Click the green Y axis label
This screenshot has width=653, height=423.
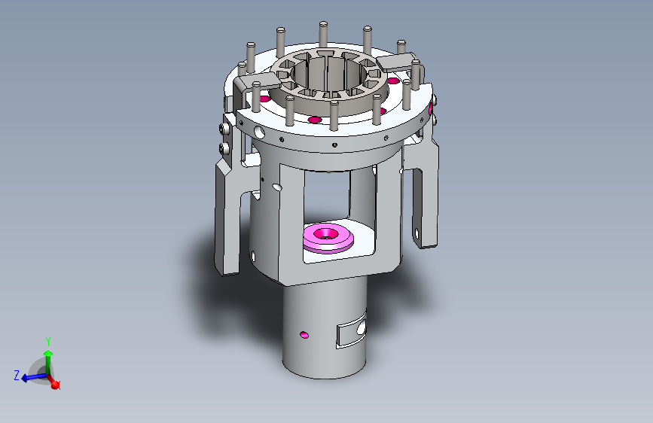point(48,342)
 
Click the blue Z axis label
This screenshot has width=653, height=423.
point(17,375)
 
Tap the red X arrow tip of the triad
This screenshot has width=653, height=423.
point(56,385)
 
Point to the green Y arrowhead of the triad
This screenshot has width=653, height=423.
point(48,354)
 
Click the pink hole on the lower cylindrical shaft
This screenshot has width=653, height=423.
point(304,335)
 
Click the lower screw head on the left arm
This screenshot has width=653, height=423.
point(225,148)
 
